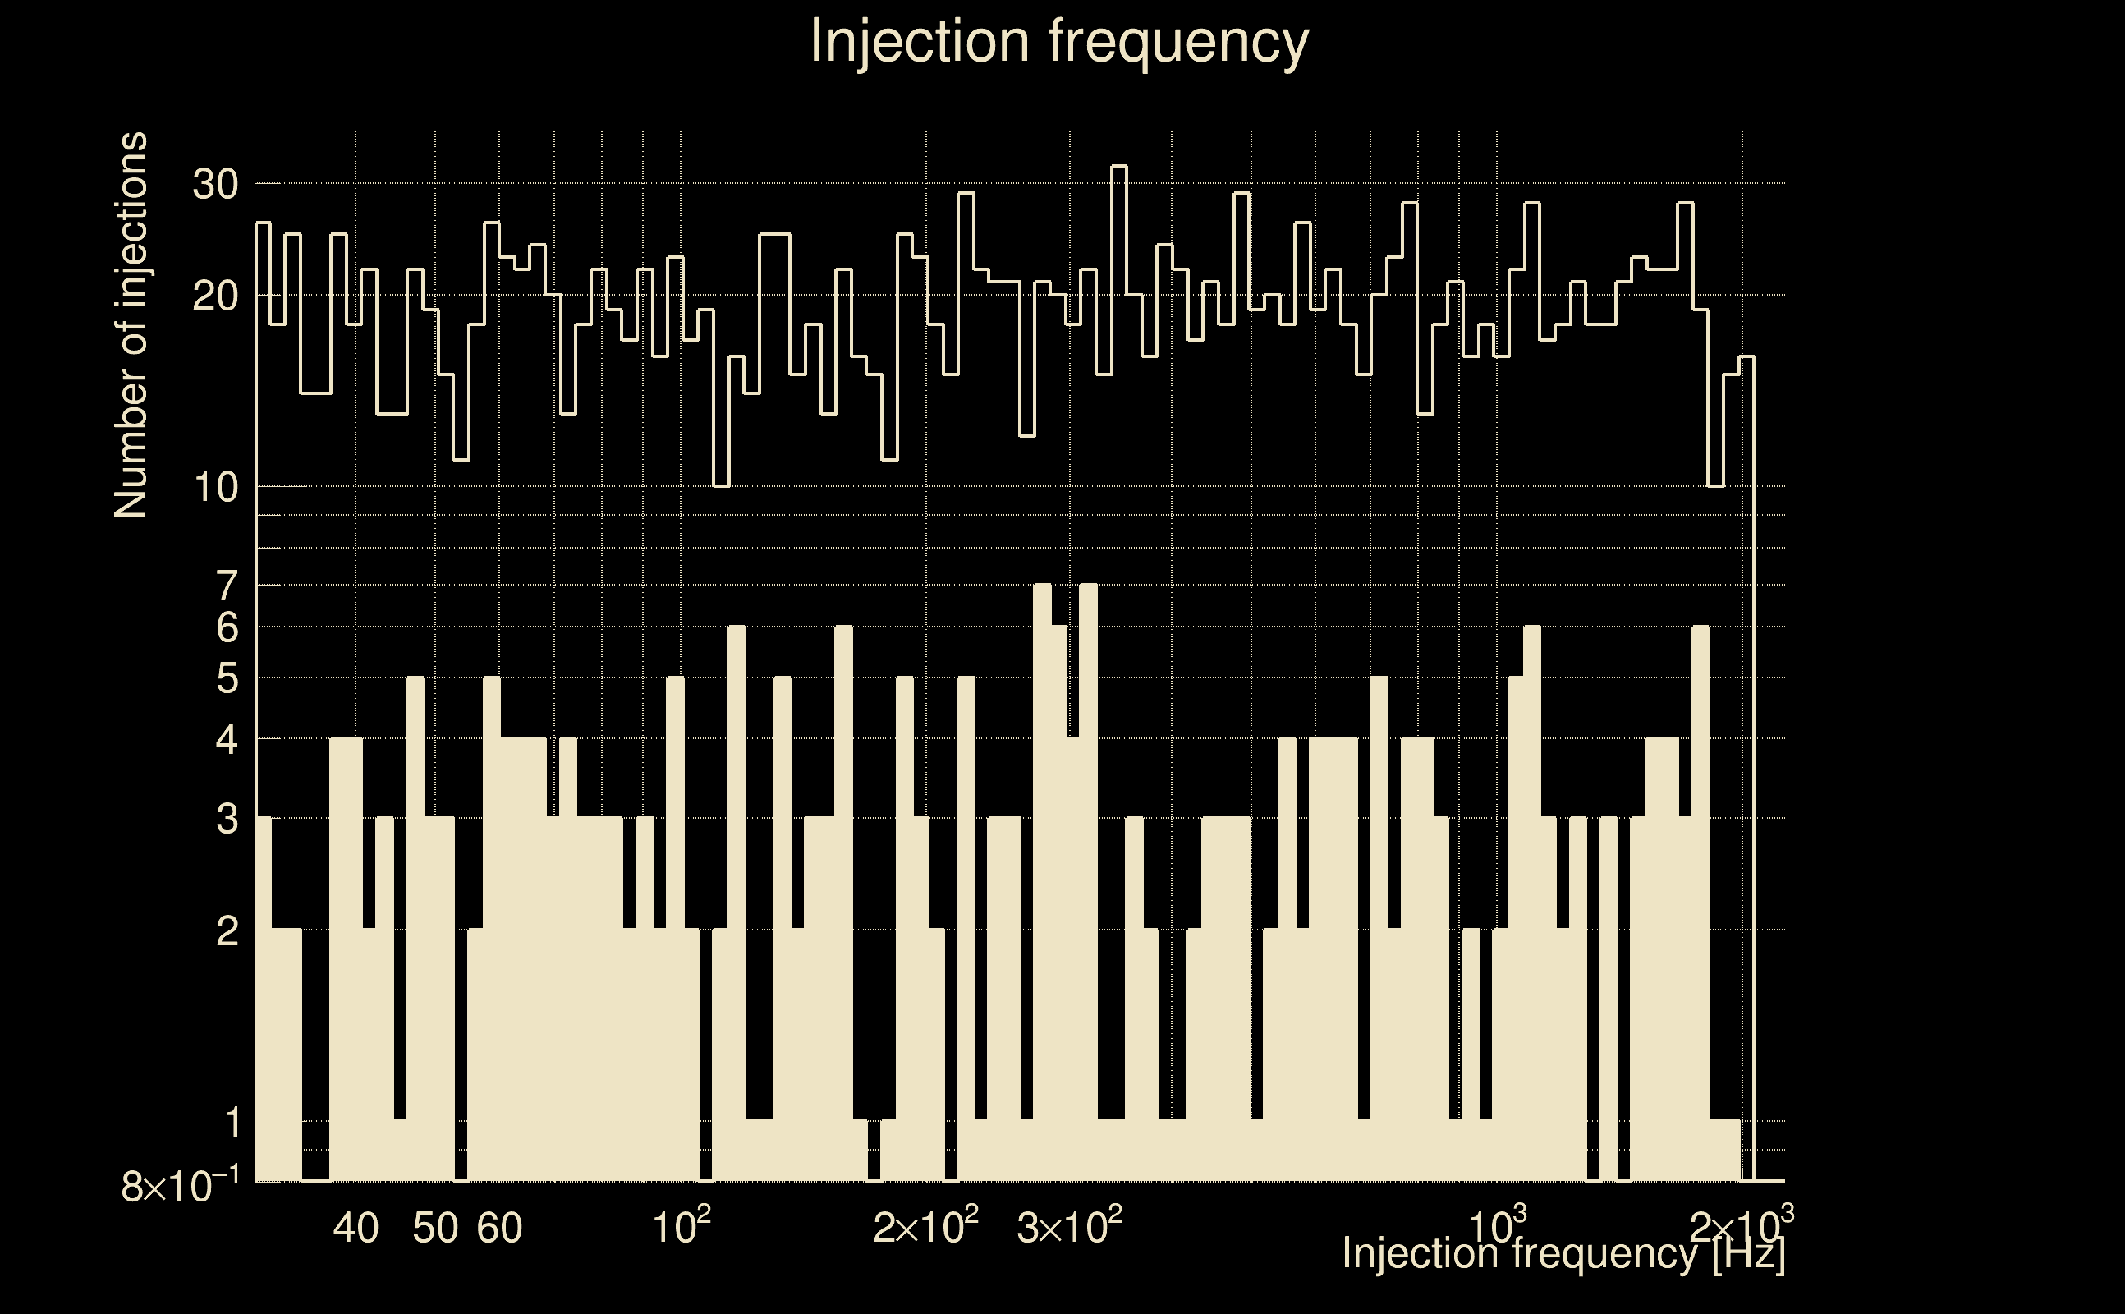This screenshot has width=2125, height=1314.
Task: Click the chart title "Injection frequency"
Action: (x=1059, y=41)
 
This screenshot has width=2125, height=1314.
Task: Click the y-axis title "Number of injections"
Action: (x=131, y=325)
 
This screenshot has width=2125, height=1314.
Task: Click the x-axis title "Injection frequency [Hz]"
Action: (x=1563, y=1253)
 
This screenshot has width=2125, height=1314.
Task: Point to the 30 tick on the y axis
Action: (x=215, y=184)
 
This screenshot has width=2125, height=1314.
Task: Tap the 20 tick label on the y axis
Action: (x=215, y=296)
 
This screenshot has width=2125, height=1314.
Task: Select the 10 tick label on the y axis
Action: (x=215, y=488)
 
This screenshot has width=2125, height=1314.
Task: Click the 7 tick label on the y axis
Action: (x=227, y=586)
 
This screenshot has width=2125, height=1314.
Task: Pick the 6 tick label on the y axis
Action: (x=227, y=627)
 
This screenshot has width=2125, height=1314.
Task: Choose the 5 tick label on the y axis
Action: (x=227, y=678)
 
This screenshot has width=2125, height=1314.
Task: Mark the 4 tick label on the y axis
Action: (x=227, y=741)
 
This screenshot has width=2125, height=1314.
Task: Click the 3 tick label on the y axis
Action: (x=227, y=819)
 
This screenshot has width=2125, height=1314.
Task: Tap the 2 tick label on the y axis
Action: (x=227, y=931)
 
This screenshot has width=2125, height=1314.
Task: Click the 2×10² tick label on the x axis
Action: (x=925, y=1226)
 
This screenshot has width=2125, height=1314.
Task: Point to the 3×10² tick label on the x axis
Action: (x=1068, y=1226)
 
